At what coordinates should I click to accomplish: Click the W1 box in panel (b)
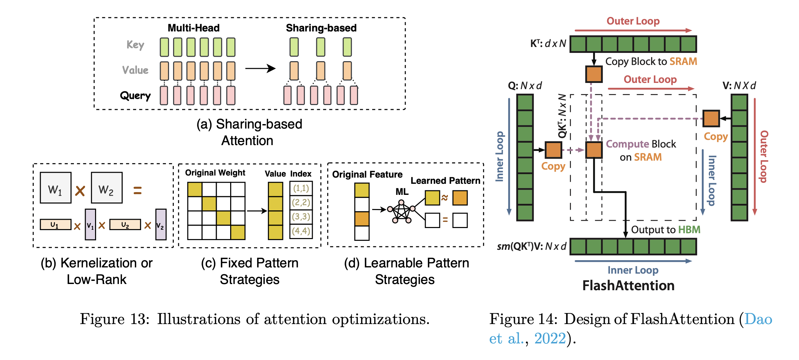click(55, 188)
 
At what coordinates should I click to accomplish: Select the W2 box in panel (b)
click(106, 188)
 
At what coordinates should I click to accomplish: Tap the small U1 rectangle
click(55, 225)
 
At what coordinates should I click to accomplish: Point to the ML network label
click(402, 191)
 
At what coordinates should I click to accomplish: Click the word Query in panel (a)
click(135, 96)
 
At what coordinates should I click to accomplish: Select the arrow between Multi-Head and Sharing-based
click(260, 68)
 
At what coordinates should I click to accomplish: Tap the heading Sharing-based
click(321, 28)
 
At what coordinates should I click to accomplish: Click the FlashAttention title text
click(628, 285)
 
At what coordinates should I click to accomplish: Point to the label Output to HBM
click(665, 230)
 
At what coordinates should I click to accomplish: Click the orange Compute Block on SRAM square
click(594, 150)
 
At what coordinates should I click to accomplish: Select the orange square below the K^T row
click(594, 74)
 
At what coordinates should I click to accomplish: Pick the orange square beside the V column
click(711, 119)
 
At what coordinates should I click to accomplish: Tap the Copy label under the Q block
click(553, 166)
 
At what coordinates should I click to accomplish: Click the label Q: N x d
click(525, 85)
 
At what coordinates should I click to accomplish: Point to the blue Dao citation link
click(758, 319)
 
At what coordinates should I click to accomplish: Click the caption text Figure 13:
click(114, 319)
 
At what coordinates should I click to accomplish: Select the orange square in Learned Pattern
click(460, 198)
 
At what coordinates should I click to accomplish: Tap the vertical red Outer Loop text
click(764, 157)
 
